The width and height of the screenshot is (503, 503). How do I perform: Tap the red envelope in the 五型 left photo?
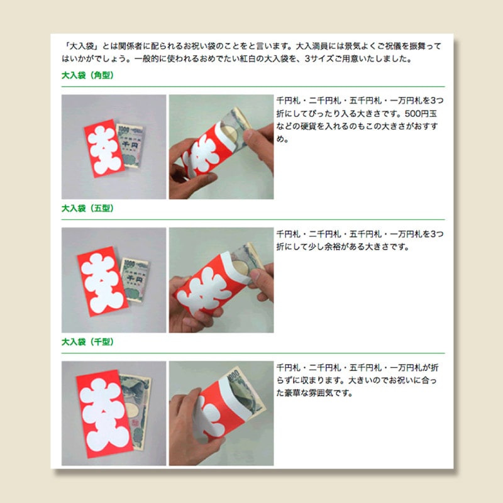102,281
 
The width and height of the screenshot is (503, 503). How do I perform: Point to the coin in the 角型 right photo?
231,133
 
